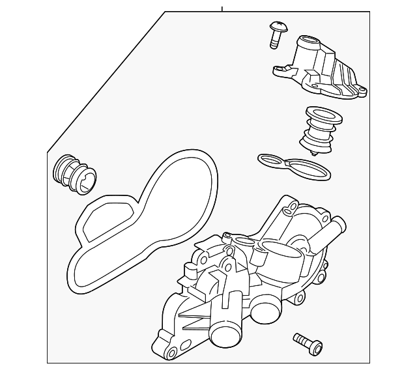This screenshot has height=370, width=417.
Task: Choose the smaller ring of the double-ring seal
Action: (x=269, y=158)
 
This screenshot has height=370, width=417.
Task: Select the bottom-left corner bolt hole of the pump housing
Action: (x=172, y=353)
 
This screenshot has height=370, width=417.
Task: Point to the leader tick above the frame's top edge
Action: (x=222, y=8)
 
